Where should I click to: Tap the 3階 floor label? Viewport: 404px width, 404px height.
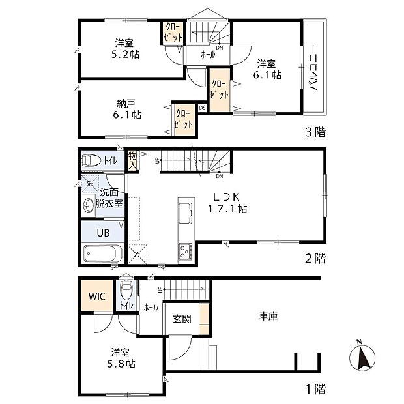316,132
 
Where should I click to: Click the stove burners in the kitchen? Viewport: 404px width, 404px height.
183,250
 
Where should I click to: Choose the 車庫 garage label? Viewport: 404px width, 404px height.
268,316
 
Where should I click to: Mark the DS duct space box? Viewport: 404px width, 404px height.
202,108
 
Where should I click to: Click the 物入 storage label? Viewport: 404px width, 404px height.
132,160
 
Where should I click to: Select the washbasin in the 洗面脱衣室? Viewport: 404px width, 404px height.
90,205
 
